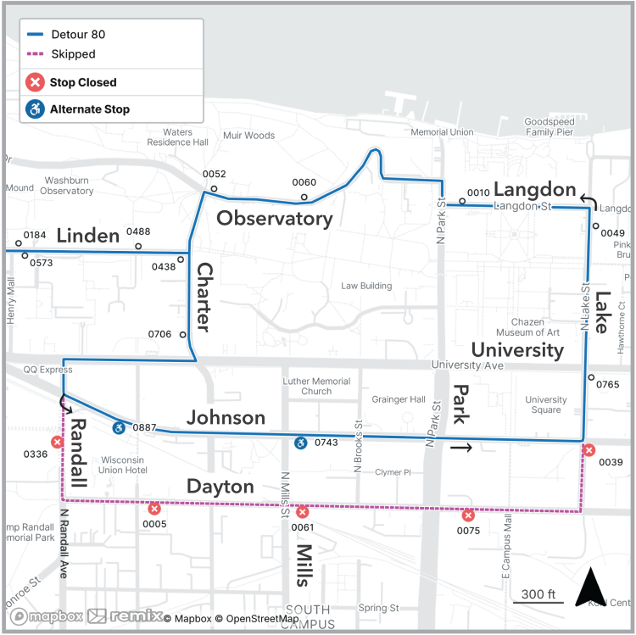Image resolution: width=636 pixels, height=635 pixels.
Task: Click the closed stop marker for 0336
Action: [57, 442]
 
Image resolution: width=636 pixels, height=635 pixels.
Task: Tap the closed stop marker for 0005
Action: [153, 509]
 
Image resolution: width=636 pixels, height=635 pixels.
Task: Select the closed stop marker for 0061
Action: [303, 512]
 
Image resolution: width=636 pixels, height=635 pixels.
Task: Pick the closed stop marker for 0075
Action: [467, 515]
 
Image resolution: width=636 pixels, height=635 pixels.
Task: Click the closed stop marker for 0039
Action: [589, 450]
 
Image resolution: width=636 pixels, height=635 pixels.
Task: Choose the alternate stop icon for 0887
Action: [119, 427]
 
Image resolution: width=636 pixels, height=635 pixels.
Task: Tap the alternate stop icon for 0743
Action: [300, 443]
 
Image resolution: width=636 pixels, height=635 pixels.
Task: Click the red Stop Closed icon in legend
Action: [35, 82]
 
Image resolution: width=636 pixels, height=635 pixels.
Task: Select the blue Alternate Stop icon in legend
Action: [35, 109]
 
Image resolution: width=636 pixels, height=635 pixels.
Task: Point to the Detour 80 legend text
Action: [78, 35]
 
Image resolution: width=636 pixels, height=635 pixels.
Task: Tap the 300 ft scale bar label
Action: [538, 593]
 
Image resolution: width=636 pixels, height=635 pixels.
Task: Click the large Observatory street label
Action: [274, 219]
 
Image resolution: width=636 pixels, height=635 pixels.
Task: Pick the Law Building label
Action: [366, 286]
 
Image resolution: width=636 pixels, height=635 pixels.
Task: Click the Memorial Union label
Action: [441, 132]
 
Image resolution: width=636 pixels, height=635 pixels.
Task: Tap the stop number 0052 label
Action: [214, 174]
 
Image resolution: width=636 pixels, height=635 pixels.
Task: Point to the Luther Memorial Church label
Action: [316, 387]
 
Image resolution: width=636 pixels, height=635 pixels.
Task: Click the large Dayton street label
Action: [220, 487]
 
